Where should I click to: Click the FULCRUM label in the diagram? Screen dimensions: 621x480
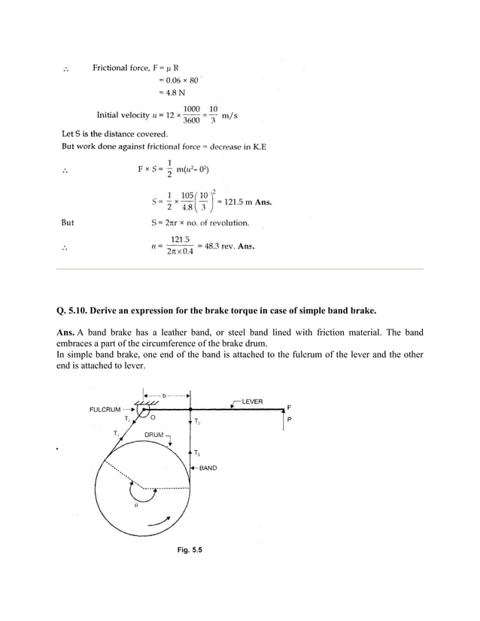(x=105, y=410)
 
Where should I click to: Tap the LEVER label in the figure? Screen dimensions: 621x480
(x=252, y=401)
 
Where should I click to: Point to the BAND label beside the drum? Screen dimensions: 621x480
(x=208, y=468)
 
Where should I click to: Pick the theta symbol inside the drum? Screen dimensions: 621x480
(x=135, y=505)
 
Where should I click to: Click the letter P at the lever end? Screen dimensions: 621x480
(x=290, y=420)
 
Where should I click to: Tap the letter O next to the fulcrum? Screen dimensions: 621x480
(x=153, y=417)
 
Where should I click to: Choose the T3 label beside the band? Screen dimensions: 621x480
(x=197, y=452)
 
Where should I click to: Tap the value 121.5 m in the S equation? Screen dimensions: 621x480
(x=233, y=202)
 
